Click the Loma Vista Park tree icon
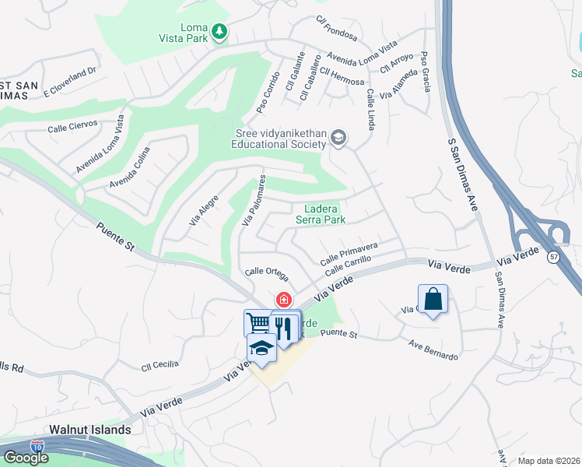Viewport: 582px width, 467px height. (x=221, y=31)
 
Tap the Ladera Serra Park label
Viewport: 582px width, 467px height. (x=320, y=214)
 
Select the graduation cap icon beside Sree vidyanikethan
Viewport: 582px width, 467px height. (x=338, y=139)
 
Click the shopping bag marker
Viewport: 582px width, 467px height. (x=433, y=299)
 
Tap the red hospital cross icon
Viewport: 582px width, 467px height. (x=284, y=299)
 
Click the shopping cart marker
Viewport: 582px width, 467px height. (x=258, y=322)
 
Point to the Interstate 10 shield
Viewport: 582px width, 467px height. (x=37, y=447)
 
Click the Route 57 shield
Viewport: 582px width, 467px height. (x=553, y=258)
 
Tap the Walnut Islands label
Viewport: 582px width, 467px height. (x=89, y=429)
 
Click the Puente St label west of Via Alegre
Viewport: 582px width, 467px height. (x=117, y=237)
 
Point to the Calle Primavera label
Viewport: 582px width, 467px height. (x=349, y=251)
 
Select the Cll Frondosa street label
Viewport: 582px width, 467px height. (x=336, y=29)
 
